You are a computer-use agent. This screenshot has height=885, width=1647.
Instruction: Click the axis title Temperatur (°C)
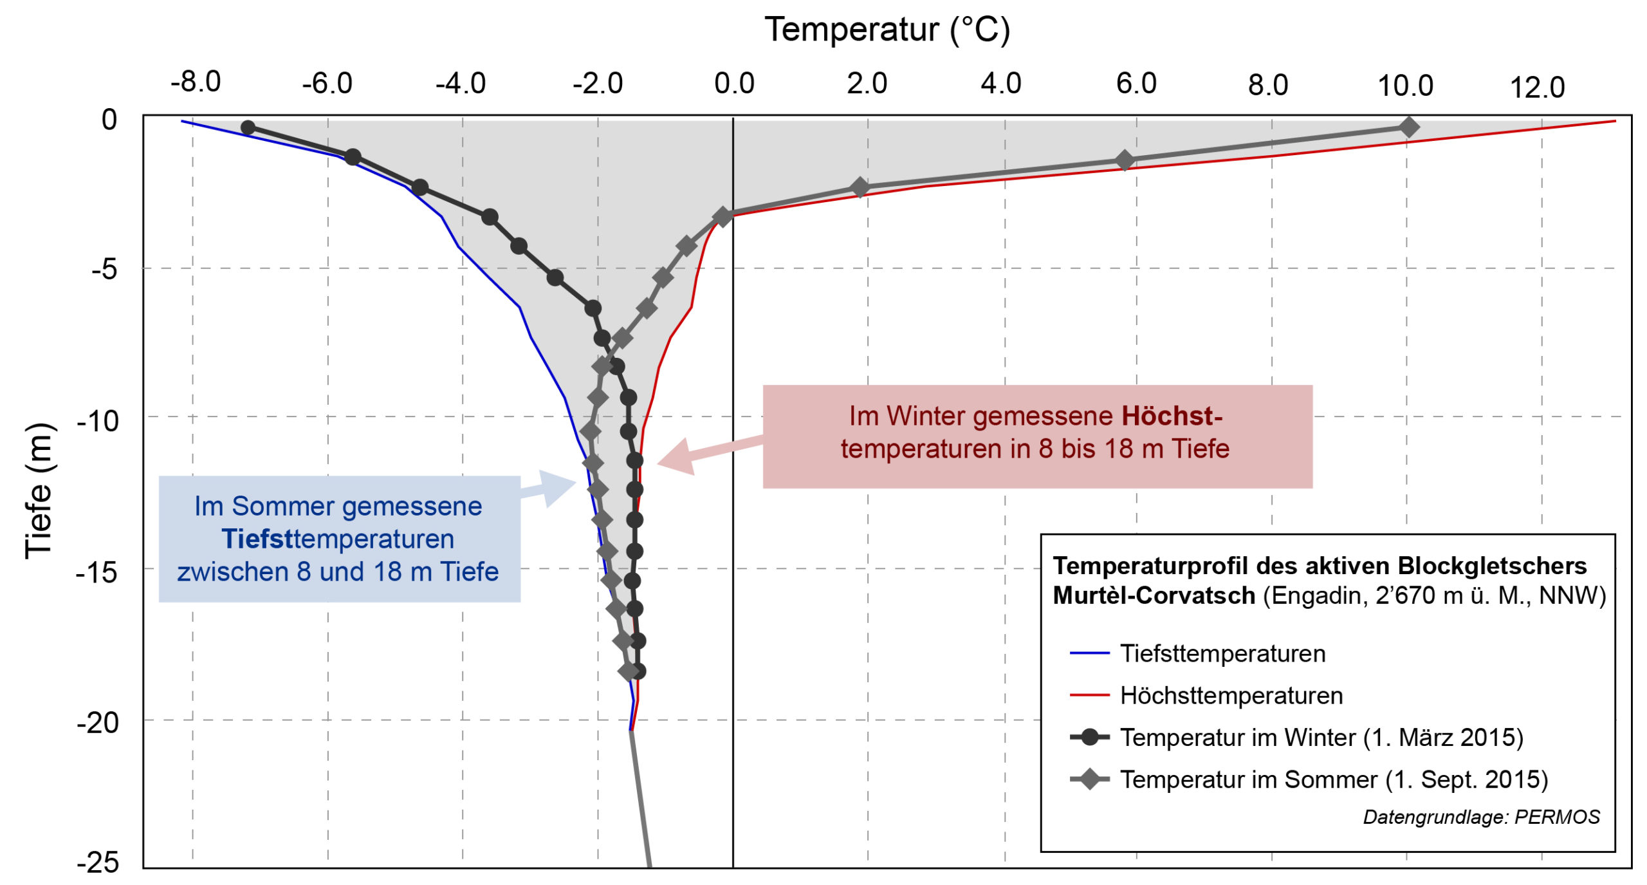pyautogui.click(x=887, y=30)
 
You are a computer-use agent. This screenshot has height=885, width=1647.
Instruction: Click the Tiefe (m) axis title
pyautogui.click(x=39, y=490)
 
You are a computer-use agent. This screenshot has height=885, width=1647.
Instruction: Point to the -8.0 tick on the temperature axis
pyautogui.click(x=196, y=82)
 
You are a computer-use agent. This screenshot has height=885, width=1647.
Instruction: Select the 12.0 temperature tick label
pyautogui.click(x=1537, y=88)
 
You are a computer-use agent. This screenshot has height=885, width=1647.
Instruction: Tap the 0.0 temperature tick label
pyautogui.click(x=734, y=84)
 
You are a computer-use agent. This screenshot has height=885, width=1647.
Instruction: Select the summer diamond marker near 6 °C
pyautogui.click(x=1124, y=160)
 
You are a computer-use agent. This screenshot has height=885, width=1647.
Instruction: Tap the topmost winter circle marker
pyautogui.click(x=248, y=127)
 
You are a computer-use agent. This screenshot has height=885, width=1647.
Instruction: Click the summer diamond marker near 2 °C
pyautogui.click(x=860, y=188)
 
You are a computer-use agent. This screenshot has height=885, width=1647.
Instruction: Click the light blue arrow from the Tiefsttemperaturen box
pyautogui.click(x=551, y=487)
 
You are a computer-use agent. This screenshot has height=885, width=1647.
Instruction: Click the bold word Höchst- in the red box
pyautogui.click(x=1172, y=416)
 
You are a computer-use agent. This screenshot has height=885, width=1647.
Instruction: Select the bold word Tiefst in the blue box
pyautogui.click(x=257, y=539)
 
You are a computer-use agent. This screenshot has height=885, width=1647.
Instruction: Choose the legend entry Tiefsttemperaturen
pyautogui.click(x=1222, y=653)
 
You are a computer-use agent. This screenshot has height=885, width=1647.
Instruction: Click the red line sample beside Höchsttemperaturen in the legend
pyautogui.click(x=1089, y=695)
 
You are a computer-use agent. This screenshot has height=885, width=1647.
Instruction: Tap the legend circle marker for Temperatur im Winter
pyautogui.click(x=1089, y=737)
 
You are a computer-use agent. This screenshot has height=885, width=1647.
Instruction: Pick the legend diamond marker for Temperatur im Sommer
pyautogui.click(x=1089, y=779)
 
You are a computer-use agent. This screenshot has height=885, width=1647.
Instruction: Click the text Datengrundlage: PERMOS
pyautogui.click(x=1481, y=817)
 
